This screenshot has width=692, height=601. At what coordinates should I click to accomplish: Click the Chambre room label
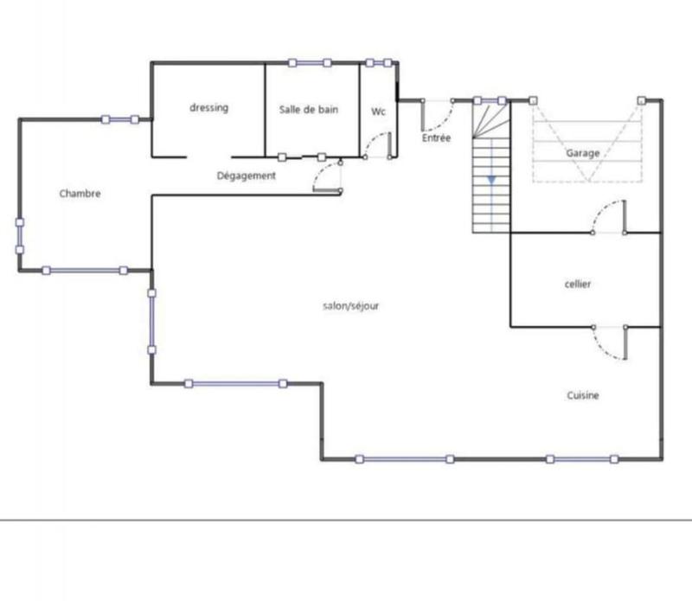(80, 194)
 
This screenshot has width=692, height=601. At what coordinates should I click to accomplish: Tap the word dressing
(208, 108)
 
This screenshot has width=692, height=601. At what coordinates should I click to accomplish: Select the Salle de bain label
(309, 110)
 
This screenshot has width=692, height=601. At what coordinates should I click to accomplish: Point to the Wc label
(378, 112)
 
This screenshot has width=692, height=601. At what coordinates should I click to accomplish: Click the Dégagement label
(246, 176)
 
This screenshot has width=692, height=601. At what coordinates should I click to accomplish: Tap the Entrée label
(436, 137)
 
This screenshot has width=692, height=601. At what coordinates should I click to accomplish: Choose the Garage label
(583, 153)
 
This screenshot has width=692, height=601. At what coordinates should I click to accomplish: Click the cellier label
(577, 284)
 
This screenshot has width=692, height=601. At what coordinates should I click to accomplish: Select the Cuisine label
(583, 395)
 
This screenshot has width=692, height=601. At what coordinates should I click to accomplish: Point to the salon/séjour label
(350, 305)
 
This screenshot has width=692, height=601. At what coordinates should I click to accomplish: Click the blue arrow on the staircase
(490, 179)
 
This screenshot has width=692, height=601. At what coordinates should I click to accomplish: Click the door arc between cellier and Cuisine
(608, 344)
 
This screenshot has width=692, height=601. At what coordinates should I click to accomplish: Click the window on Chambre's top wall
(119, 119)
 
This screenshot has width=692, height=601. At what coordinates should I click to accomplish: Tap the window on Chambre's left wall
(19, 236)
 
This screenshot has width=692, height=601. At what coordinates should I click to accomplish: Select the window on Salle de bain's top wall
(310, 62)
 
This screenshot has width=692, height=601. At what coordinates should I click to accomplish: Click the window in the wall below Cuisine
(581, 459)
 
